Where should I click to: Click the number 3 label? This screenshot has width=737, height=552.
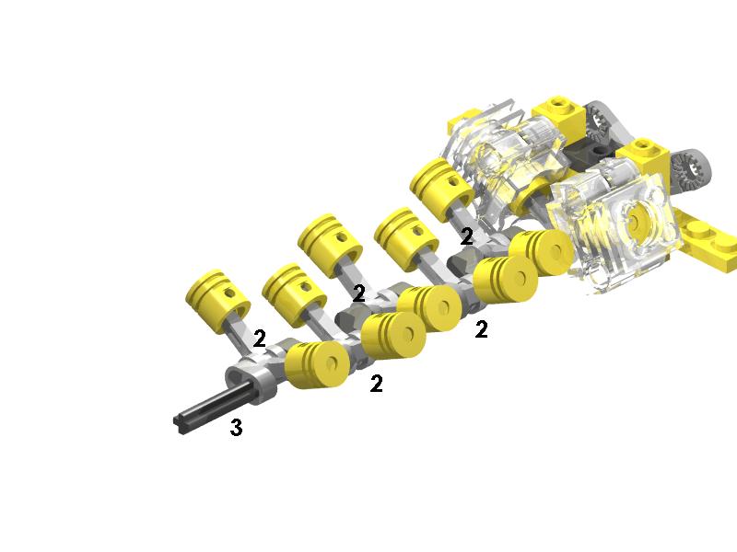tap(237, 427)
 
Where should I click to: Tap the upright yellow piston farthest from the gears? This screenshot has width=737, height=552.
tap(217, 301)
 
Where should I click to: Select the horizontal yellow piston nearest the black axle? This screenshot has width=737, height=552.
tap(317, 364)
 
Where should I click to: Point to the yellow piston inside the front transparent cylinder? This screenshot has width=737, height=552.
tap(636, 221)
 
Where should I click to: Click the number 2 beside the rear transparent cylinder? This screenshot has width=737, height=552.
tap(466, 236)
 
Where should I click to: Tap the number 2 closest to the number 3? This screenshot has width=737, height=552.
tap(259, 339)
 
